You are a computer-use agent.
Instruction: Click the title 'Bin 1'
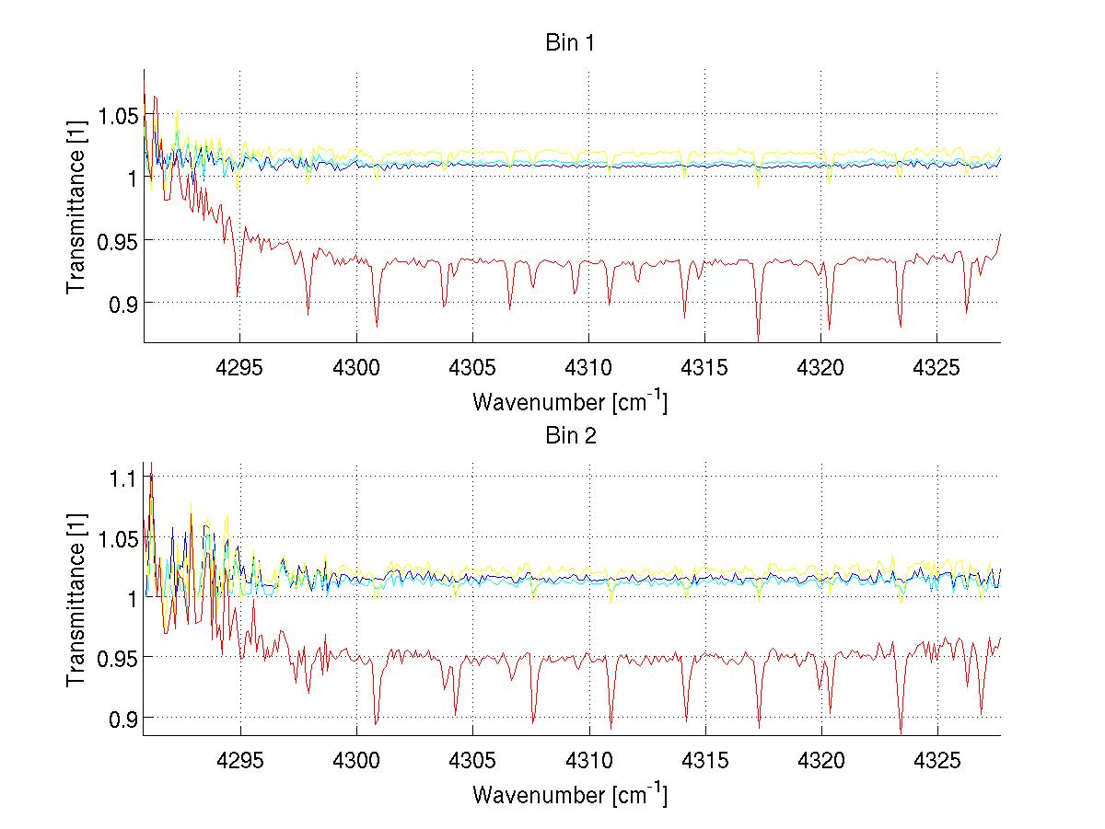pyautogui.click(x=569, y=42)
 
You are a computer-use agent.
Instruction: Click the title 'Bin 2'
pyautogui.click(x=569, y=436)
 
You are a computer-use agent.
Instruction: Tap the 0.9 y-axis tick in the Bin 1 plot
pyautogui.click(x=125, y=303)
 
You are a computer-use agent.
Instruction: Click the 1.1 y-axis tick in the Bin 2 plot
pyautogui.click(x=125, y=478)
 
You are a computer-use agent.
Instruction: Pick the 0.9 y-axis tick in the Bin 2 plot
pyautogui.click(x=125, y=717)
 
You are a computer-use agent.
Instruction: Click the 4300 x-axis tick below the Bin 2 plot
pyautogui.click(x=356, y=761)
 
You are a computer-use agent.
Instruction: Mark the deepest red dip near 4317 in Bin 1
pyautogui.click(x=759, y=340)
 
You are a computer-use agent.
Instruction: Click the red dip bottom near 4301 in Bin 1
pyautogui.click(x=377, y=326)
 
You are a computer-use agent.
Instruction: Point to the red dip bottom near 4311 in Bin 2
pyautogui.click(x=611, y=728)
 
